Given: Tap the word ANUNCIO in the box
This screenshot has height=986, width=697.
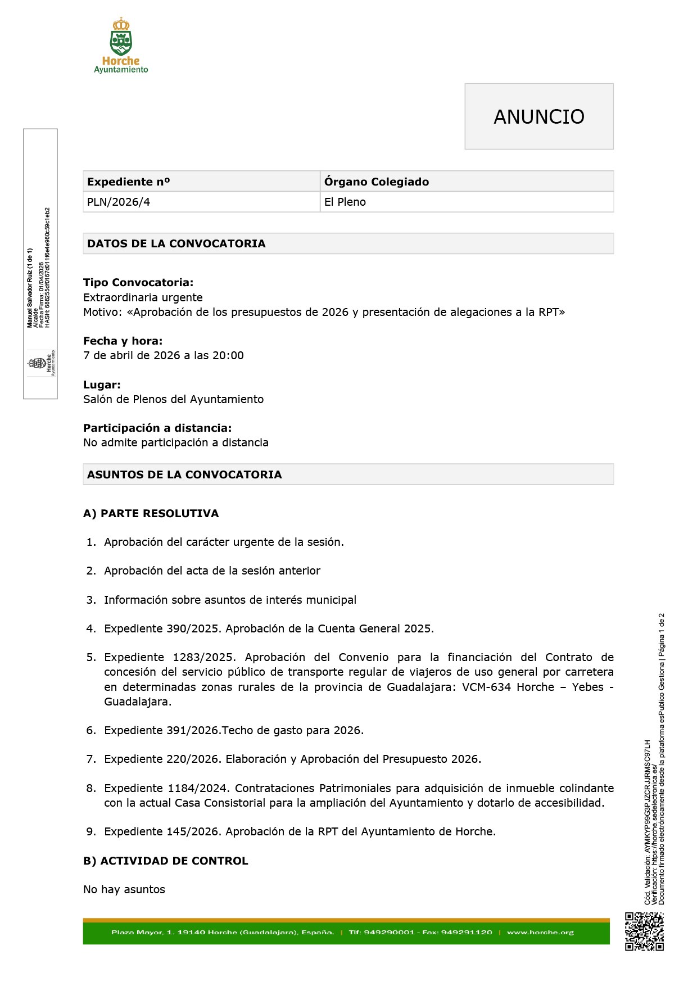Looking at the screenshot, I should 538,117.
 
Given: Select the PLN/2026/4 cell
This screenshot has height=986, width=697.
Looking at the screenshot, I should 119,202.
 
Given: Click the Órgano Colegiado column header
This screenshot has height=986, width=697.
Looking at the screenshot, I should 376,182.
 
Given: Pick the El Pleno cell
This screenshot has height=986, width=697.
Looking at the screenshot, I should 345,202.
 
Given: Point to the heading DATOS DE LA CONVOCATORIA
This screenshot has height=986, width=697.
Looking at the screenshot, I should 176,243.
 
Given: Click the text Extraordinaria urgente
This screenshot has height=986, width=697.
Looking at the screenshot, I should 143,297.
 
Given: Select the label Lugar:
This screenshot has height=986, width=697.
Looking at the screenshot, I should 102,385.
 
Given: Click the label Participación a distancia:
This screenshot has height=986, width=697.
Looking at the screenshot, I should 157,428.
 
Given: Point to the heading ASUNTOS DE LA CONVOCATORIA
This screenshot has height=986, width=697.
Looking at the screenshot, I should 184,474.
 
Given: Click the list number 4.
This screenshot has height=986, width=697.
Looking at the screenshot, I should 90,628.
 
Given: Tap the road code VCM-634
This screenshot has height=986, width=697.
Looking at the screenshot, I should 487,687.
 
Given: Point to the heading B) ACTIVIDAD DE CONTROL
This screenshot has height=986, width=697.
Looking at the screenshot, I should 165,861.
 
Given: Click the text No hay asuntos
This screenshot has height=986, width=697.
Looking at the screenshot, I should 124,889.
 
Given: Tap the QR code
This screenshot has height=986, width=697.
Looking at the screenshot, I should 644,931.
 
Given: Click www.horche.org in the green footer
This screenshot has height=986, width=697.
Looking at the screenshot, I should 540,932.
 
